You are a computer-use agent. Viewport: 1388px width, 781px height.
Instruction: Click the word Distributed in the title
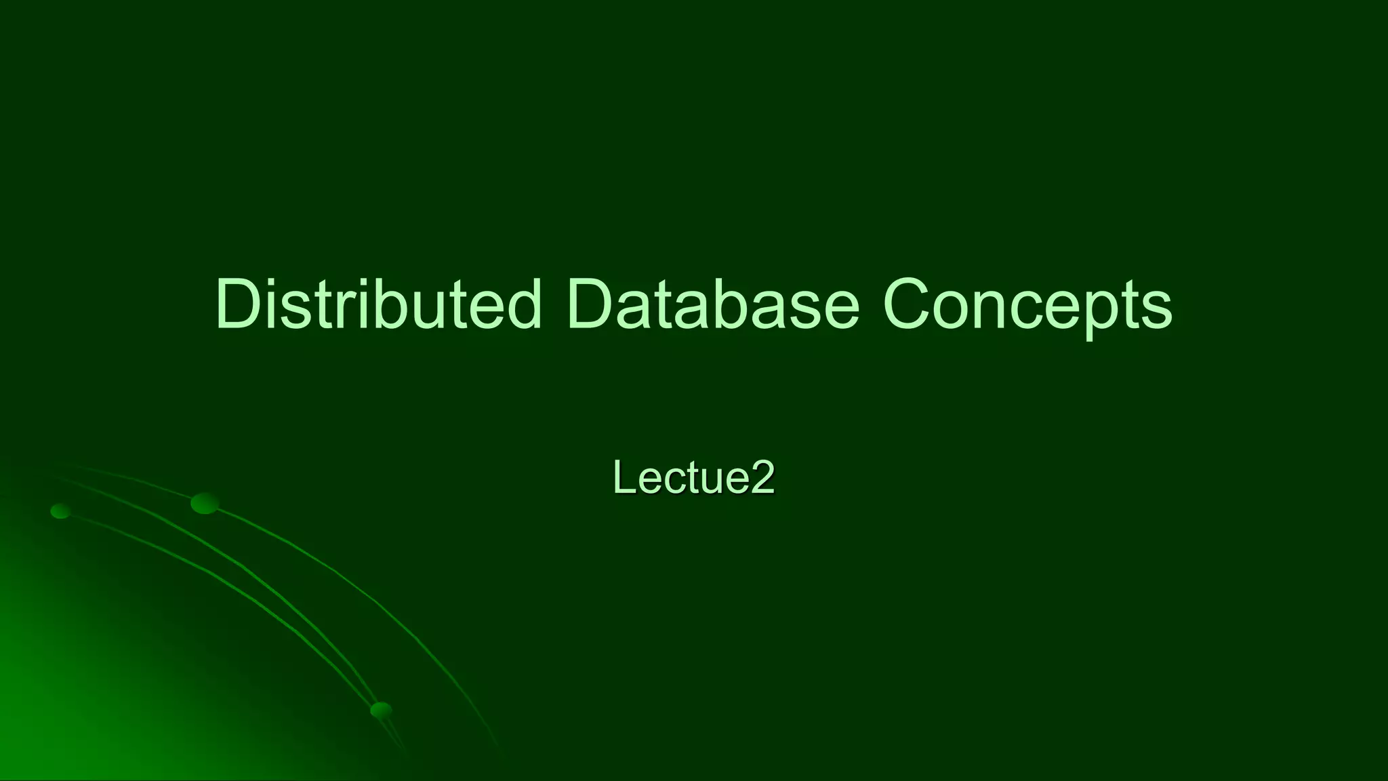378,304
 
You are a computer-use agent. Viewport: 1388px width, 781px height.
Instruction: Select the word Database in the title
713,304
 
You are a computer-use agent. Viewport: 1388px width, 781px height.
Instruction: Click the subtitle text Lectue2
693,478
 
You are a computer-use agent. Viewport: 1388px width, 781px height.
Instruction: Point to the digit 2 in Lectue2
762,478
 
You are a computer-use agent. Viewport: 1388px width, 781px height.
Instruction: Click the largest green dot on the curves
205,503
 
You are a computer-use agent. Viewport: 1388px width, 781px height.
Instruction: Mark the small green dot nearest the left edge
61,511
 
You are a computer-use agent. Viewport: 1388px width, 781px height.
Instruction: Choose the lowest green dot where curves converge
381,710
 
